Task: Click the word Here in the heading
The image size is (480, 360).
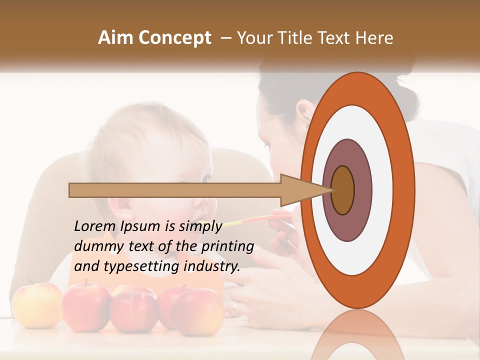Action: coord(374,38)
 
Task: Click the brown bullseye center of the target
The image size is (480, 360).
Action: coord(343,190)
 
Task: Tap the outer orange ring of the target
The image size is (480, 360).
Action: coord(406,190)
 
